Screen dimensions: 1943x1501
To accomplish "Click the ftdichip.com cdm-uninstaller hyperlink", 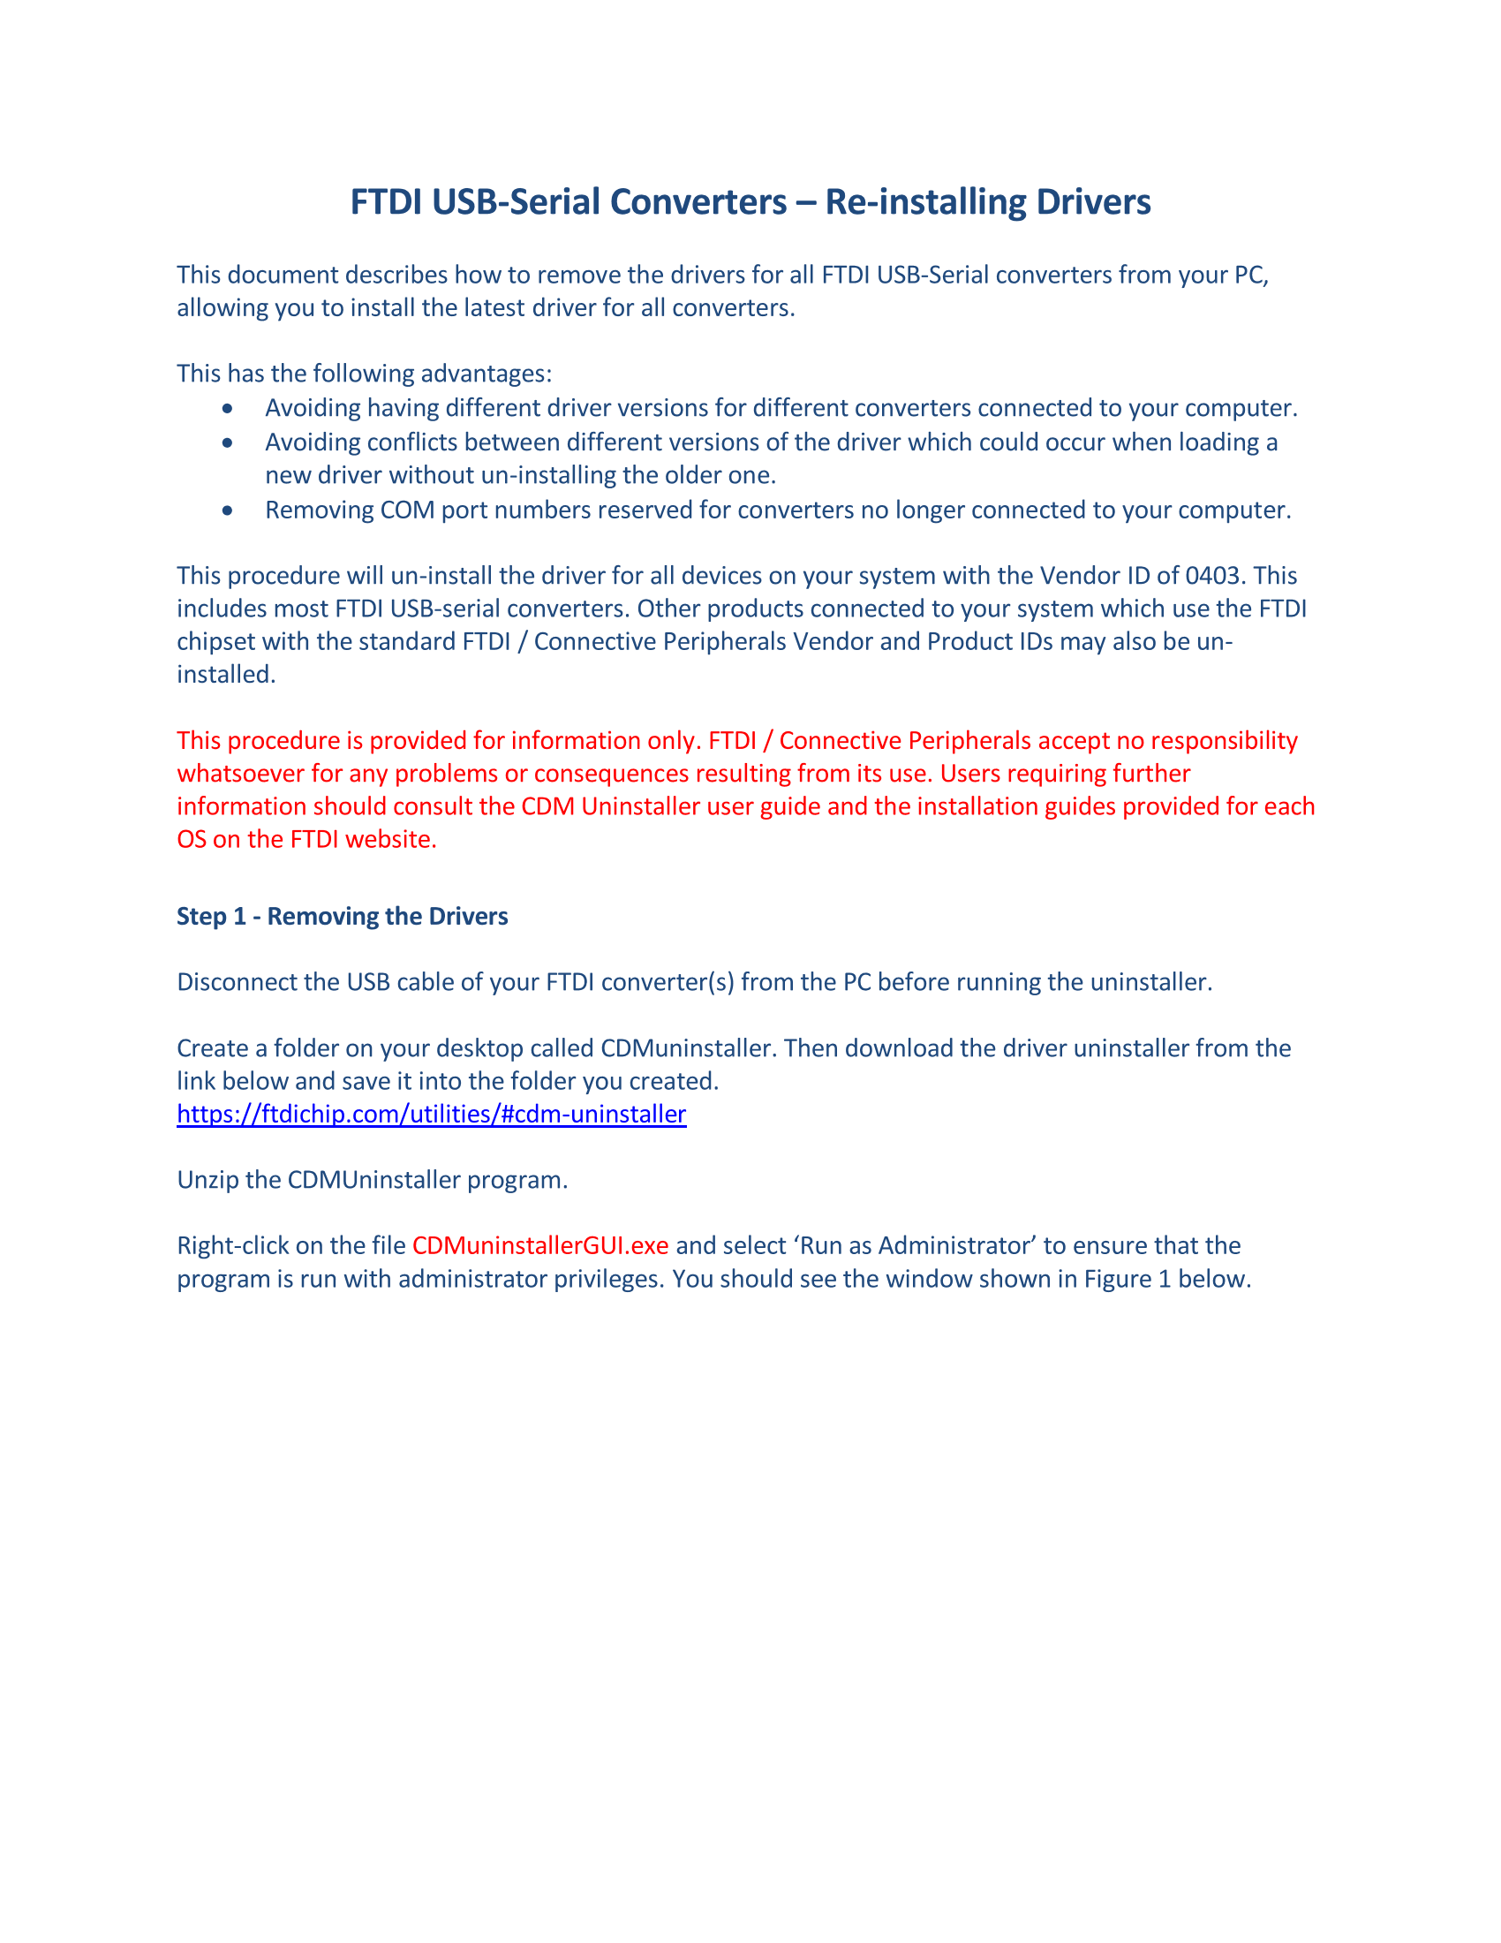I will (431, 1114).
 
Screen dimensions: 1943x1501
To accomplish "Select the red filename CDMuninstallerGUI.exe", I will (539, 1245).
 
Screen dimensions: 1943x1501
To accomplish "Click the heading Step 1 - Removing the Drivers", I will (343, 917).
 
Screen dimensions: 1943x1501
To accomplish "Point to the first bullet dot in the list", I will (229, 408).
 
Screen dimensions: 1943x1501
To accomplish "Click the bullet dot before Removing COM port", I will (229, 510).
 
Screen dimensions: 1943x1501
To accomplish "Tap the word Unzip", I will (204, 1180).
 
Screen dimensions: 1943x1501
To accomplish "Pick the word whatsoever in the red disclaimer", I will (239, 774).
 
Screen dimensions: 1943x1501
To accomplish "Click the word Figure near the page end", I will (1117, 1279).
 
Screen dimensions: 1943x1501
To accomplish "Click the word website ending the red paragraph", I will (389, 840).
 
